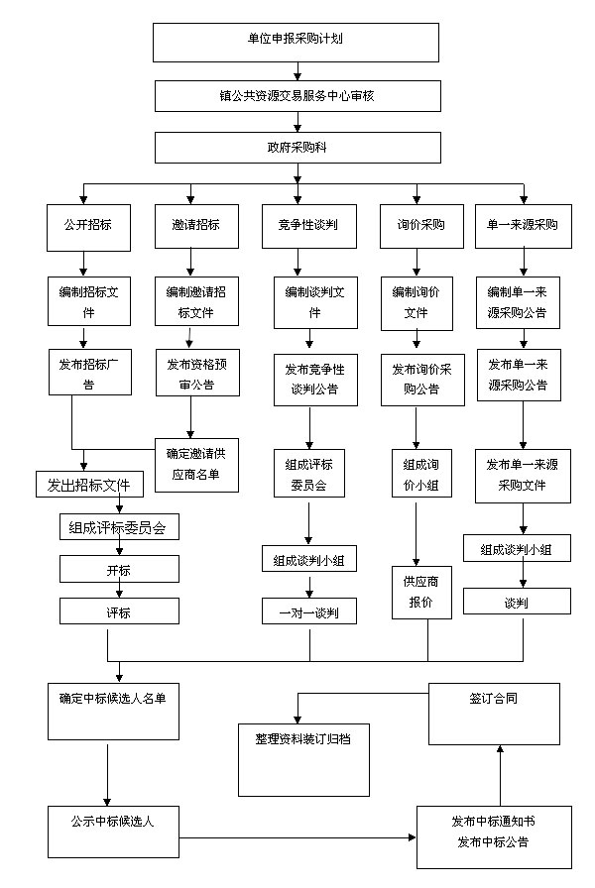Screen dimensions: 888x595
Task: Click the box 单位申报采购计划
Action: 296,41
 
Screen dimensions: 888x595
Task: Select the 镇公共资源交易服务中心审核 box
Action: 296,96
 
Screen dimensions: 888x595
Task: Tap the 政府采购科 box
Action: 296,148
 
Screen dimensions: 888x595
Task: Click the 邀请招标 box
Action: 195,225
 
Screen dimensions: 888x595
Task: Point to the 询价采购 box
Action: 421,225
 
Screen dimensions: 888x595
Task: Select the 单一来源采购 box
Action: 523,225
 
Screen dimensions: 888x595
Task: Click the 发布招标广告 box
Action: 89,372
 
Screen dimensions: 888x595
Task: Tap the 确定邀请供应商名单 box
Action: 195,465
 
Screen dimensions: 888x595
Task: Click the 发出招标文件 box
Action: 89,485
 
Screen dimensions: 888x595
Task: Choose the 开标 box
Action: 119,569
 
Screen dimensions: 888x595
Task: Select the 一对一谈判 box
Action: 308,611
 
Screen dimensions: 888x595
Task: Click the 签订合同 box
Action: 494,714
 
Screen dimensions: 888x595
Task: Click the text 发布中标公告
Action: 493,843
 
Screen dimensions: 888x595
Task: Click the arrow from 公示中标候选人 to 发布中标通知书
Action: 297,838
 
